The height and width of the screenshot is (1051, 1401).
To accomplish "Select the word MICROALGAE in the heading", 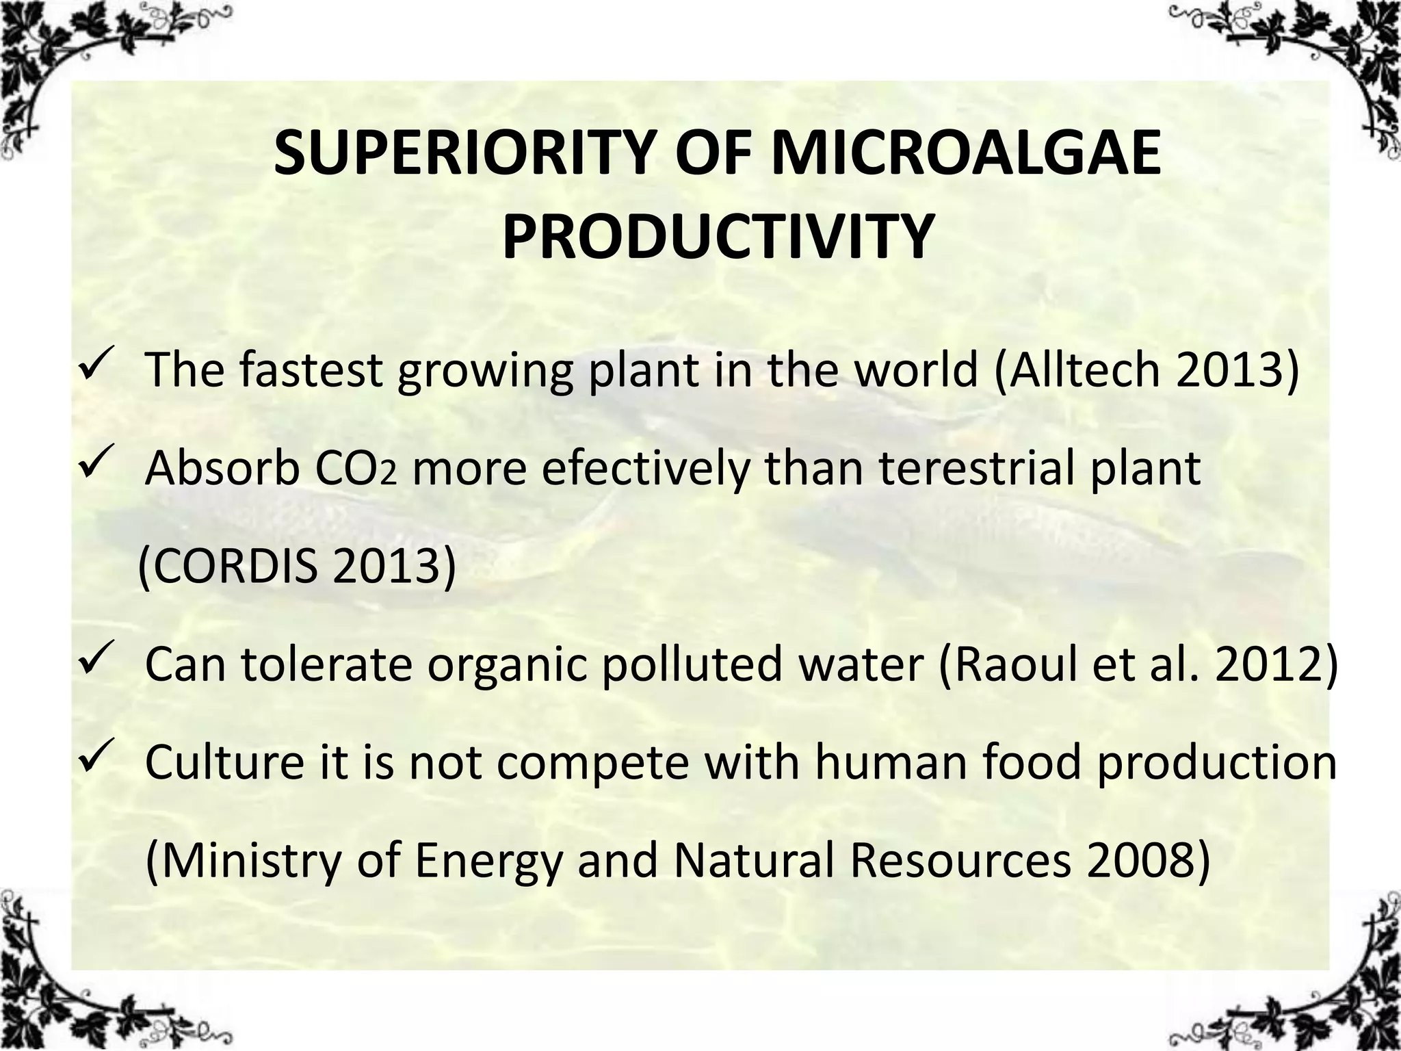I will point(967,154).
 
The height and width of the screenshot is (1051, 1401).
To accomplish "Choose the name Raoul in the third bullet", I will point(1012,664).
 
